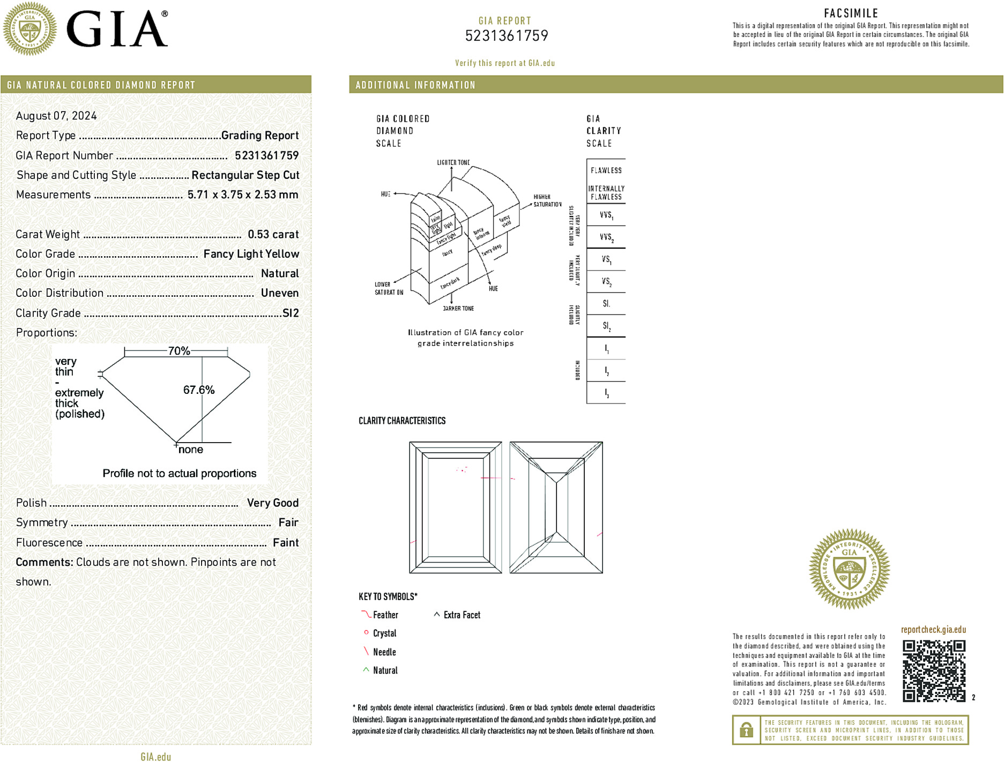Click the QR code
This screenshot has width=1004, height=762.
[x=933, y=670]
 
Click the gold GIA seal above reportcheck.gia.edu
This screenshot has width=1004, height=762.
[x=849, y=569]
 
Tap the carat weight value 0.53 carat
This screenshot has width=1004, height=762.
[x=273, y=234]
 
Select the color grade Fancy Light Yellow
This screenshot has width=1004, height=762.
[x=251, y=254]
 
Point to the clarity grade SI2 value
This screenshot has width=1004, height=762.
[x=291, y=313]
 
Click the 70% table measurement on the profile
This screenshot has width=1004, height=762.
[x=179, y=351]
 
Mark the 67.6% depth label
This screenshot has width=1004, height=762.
[x=199, y=390]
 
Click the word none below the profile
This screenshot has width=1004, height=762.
[x=191, y=450]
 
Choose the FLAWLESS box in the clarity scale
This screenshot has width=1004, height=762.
[x=606, y=170]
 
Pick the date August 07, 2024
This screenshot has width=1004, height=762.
[x=56, y=116]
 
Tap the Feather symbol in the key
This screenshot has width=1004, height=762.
[x=366, y=614]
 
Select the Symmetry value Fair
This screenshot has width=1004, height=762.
[x=288, y=522]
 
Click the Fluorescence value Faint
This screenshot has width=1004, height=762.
[x=286, y=543]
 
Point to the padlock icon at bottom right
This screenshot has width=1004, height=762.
[x=746, y=730]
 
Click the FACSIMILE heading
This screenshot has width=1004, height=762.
[x=851, y=13]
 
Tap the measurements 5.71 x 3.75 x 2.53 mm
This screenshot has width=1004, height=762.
[x=243, y=195]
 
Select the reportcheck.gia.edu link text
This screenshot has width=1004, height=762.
[x=933, y=630]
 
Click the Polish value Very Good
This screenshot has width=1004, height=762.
[x=273, y=503]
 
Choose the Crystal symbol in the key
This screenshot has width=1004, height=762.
[x=367, y=633]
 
